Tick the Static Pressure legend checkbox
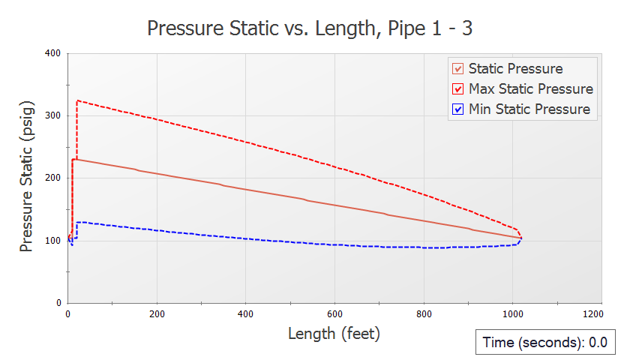(457, 69)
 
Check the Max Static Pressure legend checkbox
(457, 89)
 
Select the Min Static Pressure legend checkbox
(457, 109)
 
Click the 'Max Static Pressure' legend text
(530, 89)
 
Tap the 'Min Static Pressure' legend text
(529, 109)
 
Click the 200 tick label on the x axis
(157, 313)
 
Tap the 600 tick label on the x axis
(335, 313)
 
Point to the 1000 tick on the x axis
(513, 313)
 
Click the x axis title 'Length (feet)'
(334, 334)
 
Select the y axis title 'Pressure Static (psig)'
(26, 178)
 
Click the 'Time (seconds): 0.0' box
(544, 343)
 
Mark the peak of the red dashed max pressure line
(77, 100)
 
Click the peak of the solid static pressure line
(73, 159)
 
